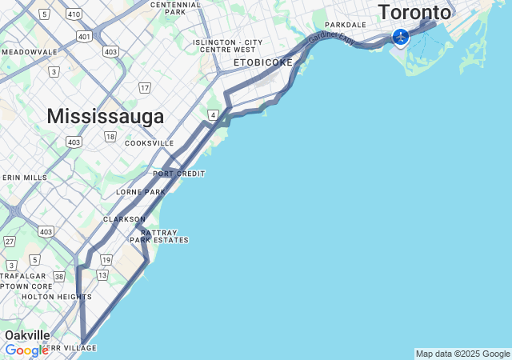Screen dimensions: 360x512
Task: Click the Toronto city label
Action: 414,13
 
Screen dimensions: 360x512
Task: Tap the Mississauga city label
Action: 106,116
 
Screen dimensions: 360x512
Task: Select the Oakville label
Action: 27,335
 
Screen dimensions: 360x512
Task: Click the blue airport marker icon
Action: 401,37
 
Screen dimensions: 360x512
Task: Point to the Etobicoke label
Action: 263,62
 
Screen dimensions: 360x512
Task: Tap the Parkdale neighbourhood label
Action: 346,25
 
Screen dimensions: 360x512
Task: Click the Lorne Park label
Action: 141,192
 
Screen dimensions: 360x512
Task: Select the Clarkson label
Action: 124,218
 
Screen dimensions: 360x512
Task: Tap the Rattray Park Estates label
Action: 159,236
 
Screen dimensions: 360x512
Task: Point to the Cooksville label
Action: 149,143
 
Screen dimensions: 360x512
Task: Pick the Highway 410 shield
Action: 74,14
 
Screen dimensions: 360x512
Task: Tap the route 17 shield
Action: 144,87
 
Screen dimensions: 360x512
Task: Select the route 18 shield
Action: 110,137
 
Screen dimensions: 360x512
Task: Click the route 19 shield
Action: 106,260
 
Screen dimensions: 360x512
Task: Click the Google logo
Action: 26,350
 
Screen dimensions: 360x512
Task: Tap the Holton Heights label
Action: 56,297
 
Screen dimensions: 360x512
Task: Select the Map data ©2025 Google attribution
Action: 462,354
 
